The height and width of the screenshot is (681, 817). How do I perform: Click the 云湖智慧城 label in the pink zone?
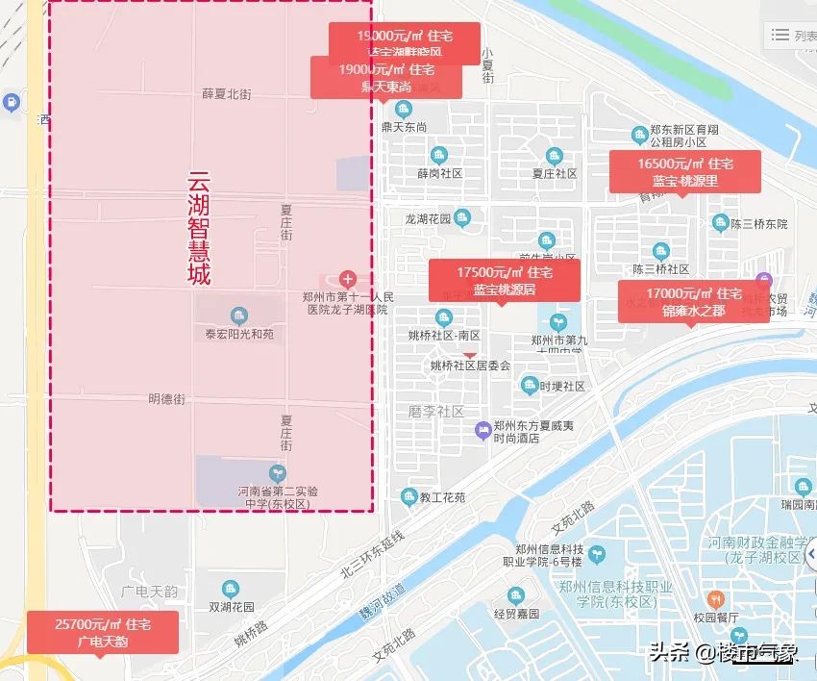(x=199, y=228)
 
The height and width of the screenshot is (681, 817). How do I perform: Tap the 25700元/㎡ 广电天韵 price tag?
(x=103, y=632)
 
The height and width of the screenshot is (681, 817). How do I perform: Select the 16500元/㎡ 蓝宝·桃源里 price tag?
(x=684, y=171)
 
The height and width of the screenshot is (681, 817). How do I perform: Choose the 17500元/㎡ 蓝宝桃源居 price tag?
(x=504, y=280)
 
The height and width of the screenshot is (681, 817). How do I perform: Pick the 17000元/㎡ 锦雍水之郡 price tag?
(x=693, y=301)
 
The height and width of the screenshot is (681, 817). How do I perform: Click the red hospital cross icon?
(x=348, y=279)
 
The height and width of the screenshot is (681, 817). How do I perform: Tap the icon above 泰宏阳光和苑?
(x=238, y=315)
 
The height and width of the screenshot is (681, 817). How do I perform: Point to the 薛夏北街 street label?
(x=227, y=94)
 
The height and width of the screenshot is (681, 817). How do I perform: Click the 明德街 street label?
(x=166, y=398)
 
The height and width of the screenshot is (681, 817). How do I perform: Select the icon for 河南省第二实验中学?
(x=278, y=472)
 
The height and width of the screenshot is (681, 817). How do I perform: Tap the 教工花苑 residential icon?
(x=408, y=497)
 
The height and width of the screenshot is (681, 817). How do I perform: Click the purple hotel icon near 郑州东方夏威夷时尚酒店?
(x=483, y=429)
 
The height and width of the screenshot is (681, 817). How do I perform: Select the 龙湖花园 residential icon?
(x=462, y=217)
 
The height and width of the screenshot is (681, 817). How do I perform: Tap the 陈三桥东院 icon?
(x=720, y=223)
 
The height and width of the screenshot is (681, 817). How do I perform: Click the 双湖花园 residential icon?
(x=230, y=589)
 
